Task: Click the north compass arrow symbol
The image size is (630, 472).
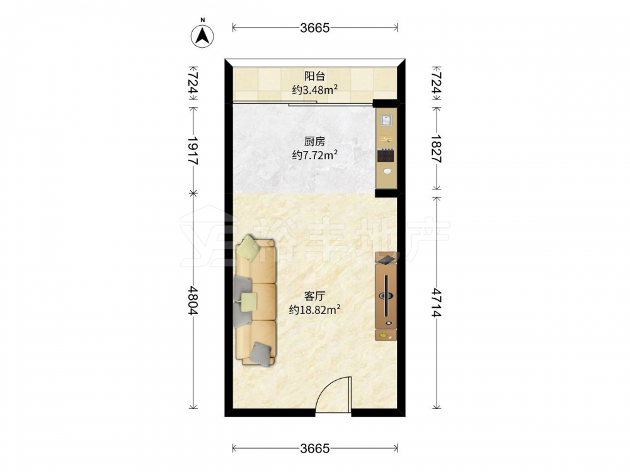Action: click(202, 36)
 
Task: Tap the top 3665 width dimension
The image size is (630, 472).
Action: click(315, 28)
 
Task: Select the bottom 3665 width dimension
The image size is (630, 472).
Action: click(315, 448)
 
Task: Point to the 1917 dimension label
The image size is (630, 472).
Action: click(193, 150)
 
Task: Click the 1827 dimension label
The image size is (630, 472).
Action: click(437, 149)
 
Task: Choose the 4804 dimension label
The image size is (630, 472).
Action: click(193, 300)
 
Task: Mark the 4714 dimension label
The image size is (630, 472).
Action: click(437, 302)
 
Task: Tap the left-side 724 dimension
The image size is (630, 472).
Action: click(193, 83)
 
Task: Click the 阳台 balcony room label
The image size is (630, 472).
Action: click(314, 76)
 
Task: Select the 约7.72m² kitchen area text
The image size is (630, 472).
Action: click(314, 155)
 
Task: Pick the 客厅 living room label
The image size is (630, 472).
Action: click(314, 296)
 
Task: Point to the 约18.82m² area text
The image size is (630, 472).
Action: click(314, 310)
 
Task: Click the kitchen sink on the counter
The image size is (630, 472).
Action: click(387, 120)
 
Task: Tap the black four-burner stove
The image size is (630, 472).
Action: click(386, 155)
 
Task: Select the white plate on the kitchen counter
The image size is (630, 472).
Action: click(387, 171)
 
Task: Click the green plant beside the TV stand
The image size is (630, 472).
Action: click(384, 335)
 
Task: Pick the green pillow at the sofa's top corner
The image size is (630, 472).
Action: click(248, 247)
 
